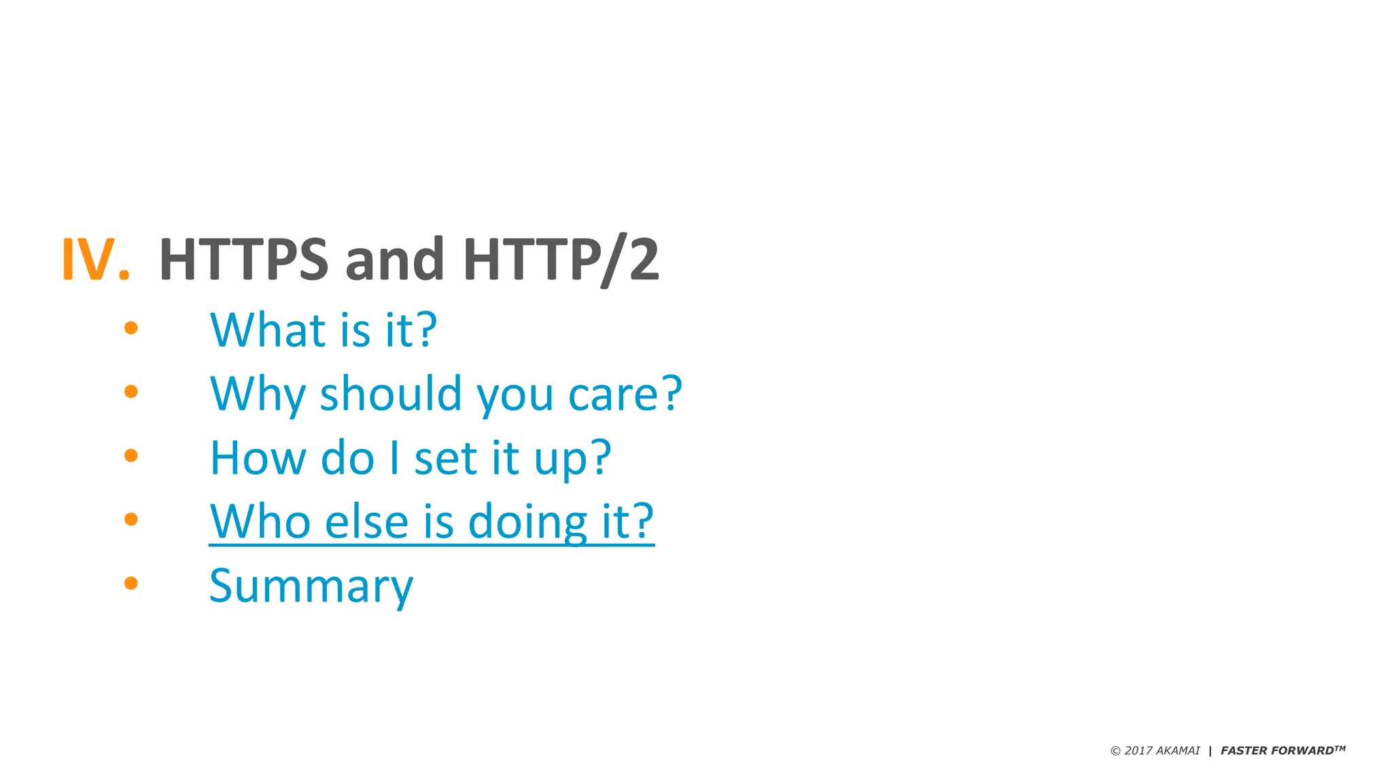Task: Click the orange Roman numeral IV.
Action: (95, 259)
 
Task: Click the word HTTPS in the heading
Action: (243, 259)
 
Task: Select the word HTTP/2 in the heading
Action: (561, 259)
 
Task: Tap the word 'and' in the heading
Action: (395, 259)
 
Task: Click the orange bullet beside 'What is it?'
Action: (131, 328)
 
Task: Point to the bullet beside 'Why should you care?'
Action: (131, 391)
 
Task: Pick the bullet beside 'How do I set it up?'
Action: (131, 455)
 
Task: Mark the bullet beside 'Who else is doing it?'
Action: (131, 519)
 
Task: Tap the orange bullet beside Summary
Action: (131, 582)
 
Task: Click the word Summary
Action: (311, 585)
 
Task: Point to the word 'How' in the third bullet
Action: (258, 457)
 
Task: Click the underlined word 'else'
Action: (366, 521)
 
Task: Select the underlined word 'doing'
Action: (527, 521)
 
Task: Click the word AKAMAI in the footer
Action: (1178, 750)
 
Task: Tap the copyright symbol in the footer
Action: (1115, 751)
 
